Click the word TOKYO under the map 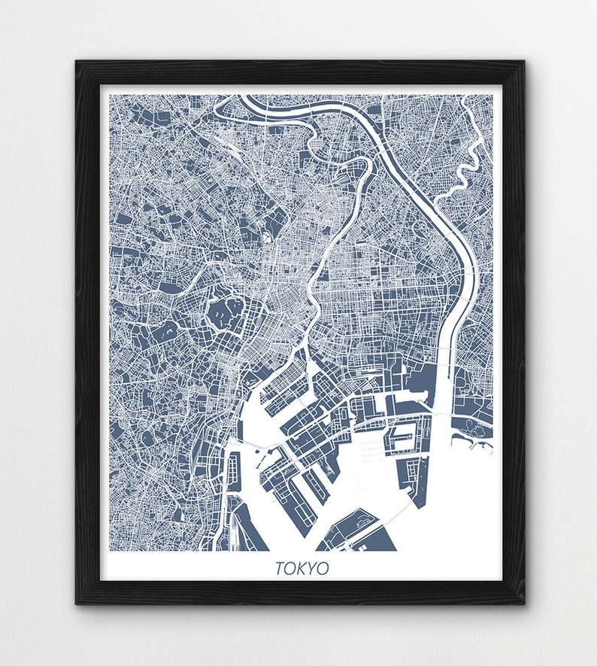tap(302, 568)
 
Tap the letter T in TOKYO tap(280, 568)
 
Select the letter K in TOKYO tap(302, 568)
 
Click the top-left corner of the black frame tap(77, 62)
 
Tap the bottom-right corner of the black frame tap(523, 603)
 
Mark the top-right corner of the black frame tap(523, 62)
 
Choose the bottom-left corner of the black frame tap(77, 603)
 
